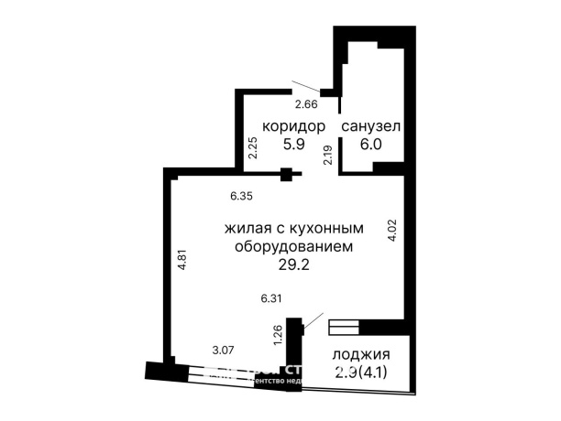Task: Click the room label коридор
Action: pyautogui.click(x=293, y=125)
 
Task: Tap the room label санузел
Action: pyautogui.click(x=371, y=125)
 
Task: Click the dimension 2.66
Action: pyautogui.click(x=305, y=105)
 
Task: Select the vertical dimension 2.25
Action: pyautogui.click(x=254, y=148)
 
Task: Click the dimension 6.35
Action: pyautogui.click(x=241, y=196)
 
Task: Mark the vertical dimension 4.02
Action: pyautogui.click(x=392, y=228)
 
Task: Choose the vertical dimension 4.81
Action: pyautogui.click(x=181, y=259)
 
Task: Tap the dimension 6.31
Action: pyautogui.click(x=272, y=297)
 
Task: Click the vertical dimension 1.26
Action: pyautogui.click(x=277, y=335)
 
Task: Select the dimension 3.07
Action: pyautogui.click(x=224, y=350)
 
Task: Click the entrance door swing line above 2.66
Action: pyautogui.click(x=306, y=88)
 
